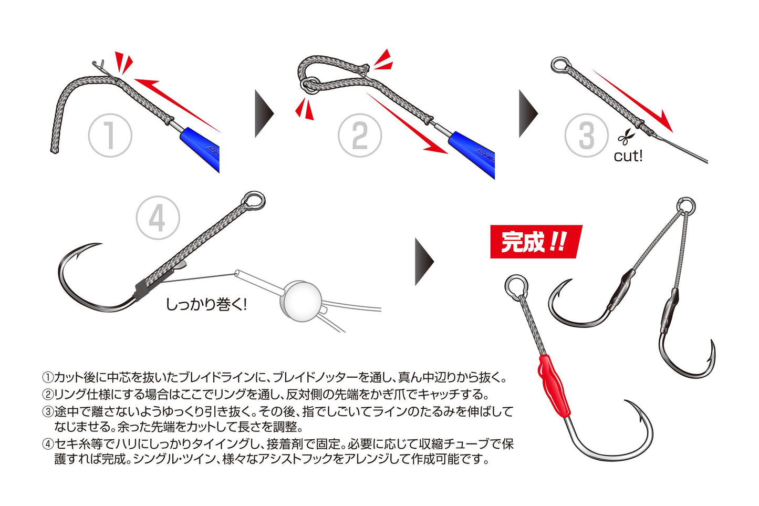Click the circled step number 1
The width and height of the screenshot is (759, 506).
click(x=109, y=136)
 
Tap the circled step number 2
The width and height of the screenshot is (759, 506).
click(x=359, y=136)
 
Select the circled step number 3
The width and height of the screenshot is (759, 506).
click(x=586, y=136)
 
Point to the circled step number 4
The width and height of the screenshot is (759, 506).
click(x=158, y=218)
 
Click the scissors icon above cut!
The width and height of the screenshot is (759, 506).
click(x=626, y=138)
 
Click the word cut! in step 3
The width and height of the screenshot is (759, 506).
click(x=628, y=156)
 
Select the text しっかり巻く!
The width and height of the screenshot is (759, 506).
click(x=206, y=304)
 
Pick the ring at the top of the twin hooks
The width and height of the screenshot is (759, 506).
click(x=685, y=206)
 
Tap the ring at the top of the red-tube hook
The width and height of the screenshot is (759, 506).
click(x=516, y=286)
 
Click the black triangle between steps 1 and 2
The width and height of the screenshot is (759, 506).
click(x=264, y=113)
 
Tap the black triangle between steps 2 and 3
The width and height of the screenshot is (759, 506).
click(x=528, y=113)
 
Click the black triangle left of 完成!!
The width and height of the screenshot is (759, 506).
click(x=424, y=262)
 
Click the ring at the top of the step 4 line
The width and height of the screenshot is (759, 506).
click(x=255, y=200)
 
